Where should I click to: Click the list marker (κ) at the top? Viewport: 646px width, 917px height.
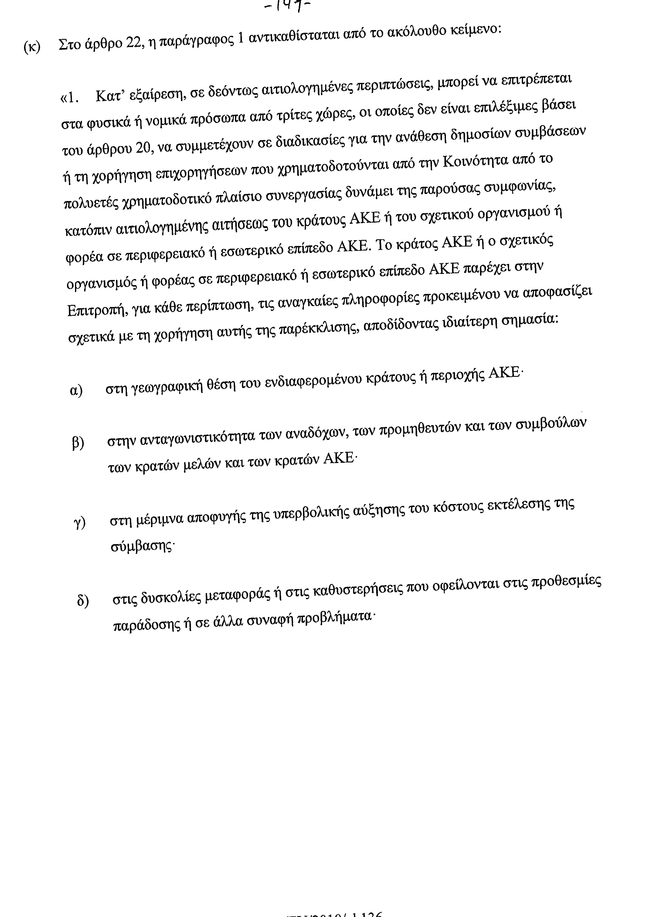[x=32, y=47]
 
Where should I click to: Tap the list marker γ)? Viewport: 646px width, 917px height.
[x=80, y=522]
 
